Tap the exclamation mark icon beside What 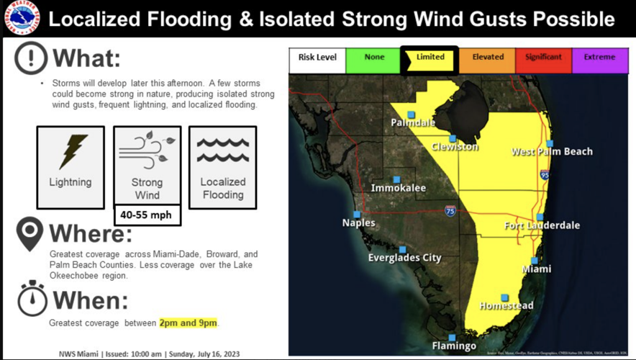[x=31, y=58]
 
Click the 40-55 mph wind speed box [x=147, y=215]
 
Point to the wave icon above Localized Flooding [x=222, y=150]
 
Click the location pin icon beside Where [x=29, y=235]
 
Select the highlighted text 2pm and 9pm [x=188, y=323]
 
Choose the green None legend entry [x=374, y=58]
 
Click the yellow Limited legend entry [x=430, y=58]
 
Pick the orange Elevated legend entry [x=488, y=58]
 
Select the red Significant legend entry [x=544, y=58]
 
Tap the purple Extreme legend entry [x=599, y=58]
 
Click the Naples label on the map [x=358, y=223]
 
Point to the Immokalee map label [x=398, y=189]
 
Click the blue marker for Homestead [x=505, y=297]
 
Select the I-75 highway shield [x=450, y=211]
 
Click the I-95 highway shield [x=544, y=175]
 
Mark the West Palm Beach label [x=552, y=152]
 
